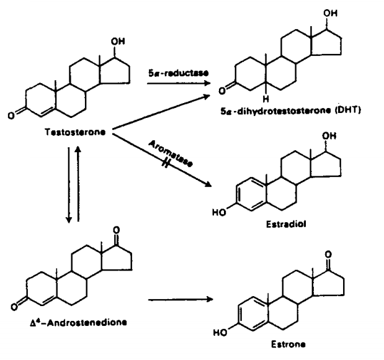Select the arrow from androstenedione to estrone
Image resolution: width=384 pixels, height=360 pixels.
[x=181, y=300]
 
